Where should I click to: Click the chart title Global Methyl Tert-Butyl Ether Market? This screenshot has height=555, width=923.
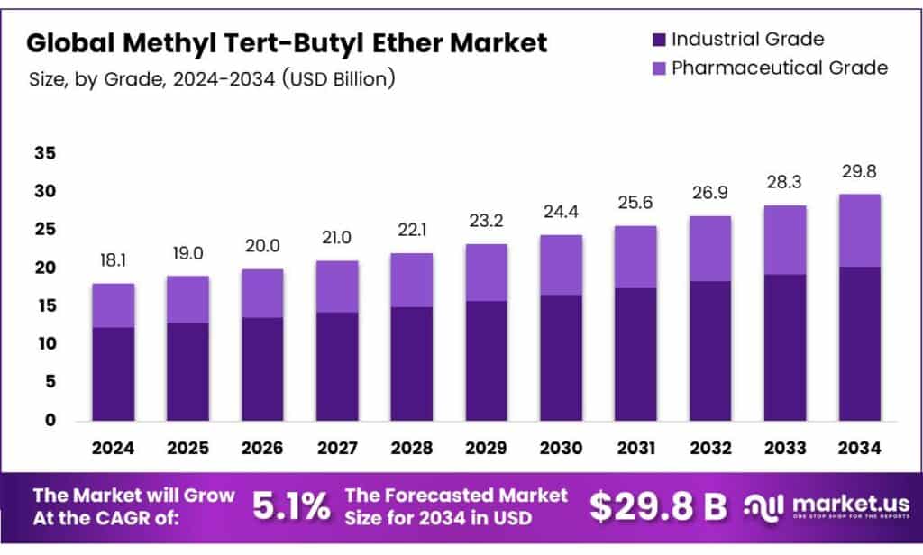(287, 42)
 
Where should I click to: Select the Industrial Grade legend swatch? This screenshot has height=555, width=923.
(657, 40)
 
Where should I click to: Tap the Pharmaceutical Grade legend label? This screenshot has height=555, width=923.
(780, 68)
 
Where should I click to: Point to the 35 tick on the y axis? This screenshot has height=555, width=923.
(45, 154)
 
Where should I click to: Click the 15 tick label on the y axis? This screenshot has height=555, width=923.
(45, 306)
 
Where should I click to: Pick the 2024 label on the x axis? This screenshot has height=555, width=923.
(113, 446)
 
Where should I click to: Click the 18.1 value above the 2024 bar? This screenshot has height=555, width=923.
(113, 261)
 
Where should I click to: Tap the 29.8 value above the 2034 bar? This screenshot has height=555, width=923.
(858, 171)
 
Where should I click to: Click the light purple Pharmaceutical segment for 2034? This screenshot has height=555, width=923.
(858, 230)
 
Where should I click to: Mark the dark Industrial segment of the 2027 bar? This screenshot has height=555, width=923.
(336, 366)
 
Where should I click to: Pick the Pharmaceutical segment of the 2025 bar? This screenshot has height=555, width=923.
(187, 299)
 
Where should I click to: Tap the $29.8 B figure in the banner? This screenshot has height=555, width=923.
(658, 506)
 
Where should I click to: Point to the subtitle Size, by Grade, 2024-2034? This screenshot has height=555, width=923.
(212, 78)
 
